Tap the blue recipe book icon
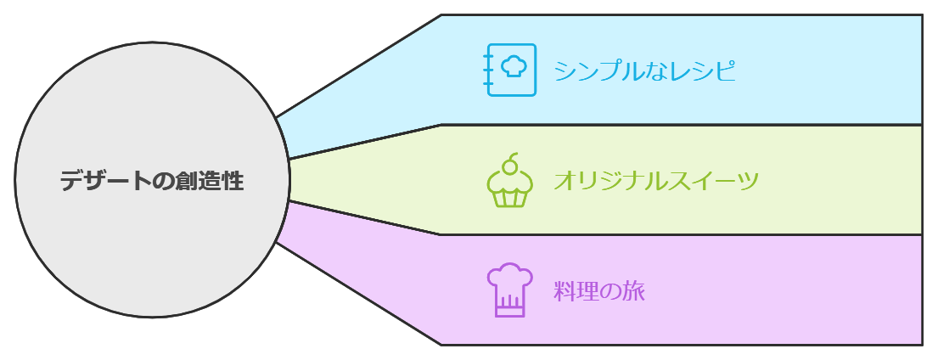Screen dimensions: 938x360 (x=511, y=70)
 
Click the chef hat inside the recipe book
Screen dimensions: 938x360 (x=514, y=66)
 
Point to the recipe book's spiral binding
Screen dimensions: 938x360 (x=488, y=70)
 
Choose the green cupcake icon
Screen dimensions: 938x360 (x=509, y=181)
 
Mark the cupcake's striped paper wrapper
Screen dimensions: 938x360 (x=509, y=198)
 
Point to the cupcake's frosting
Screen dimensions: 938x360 (x=509, y=179)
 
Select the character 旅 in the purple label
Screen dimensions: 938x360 (x=634, y=291)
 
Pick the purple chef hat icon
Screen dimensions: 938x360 (x=509, y=290)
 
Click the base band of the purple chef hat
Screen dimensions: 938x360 (x=509, y=312)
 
